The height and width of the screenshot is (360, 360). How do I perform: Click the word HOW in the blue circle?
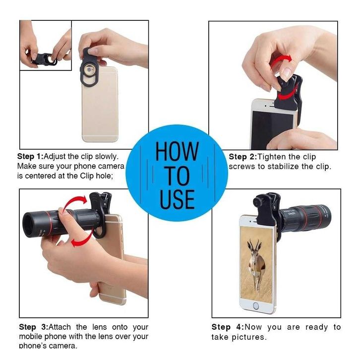pos(177,151)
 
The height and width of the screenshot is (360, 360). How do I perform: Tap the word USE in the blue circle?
pos(177,199)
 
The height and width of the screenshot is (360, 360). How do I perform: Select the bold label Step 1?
pos(30,156)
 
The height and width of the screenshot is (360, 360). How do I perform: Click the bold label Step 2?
pos(242,157)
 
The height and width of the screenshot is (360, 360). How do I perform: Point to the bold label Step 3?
pos(34,327)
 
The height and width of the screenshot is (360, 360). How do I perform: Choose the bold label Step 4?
pos(228,327)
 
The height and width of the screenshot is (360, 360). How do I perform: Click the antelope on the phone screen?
pos(256,264)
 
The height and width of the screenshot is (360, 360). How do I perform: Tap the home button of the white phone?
pos(256,306)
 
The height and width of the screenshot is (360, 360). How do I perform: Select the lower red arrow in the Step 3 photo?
pos(83,239)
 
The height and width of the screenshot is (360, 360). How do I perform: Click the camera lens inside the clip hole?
pos(89,70)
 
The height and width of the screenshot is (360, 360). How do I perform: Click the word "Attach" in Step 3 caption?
pos(60,327)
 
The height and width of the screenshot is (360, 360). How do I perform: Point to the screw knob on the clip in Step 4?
pos(258,202)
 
